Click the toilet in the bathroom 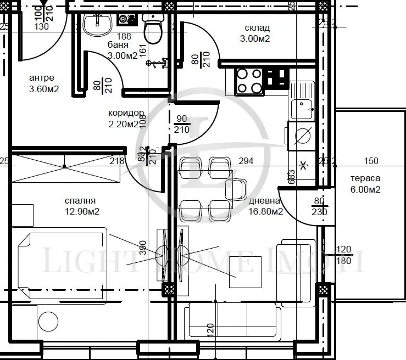(152, 29)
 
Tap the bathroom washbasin (98, 23)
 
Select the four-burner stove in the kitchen (249, 81)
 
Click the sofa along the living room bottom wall (232, 320)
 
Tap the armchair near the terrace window (296, 272)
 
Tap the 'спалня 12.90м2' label (81, 206)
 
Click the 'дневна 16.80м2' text (265, 206)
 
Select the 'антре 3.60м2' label (43, 83)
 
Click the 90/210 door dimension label (181, 124)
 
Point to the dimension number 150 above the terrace (371, 161)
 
